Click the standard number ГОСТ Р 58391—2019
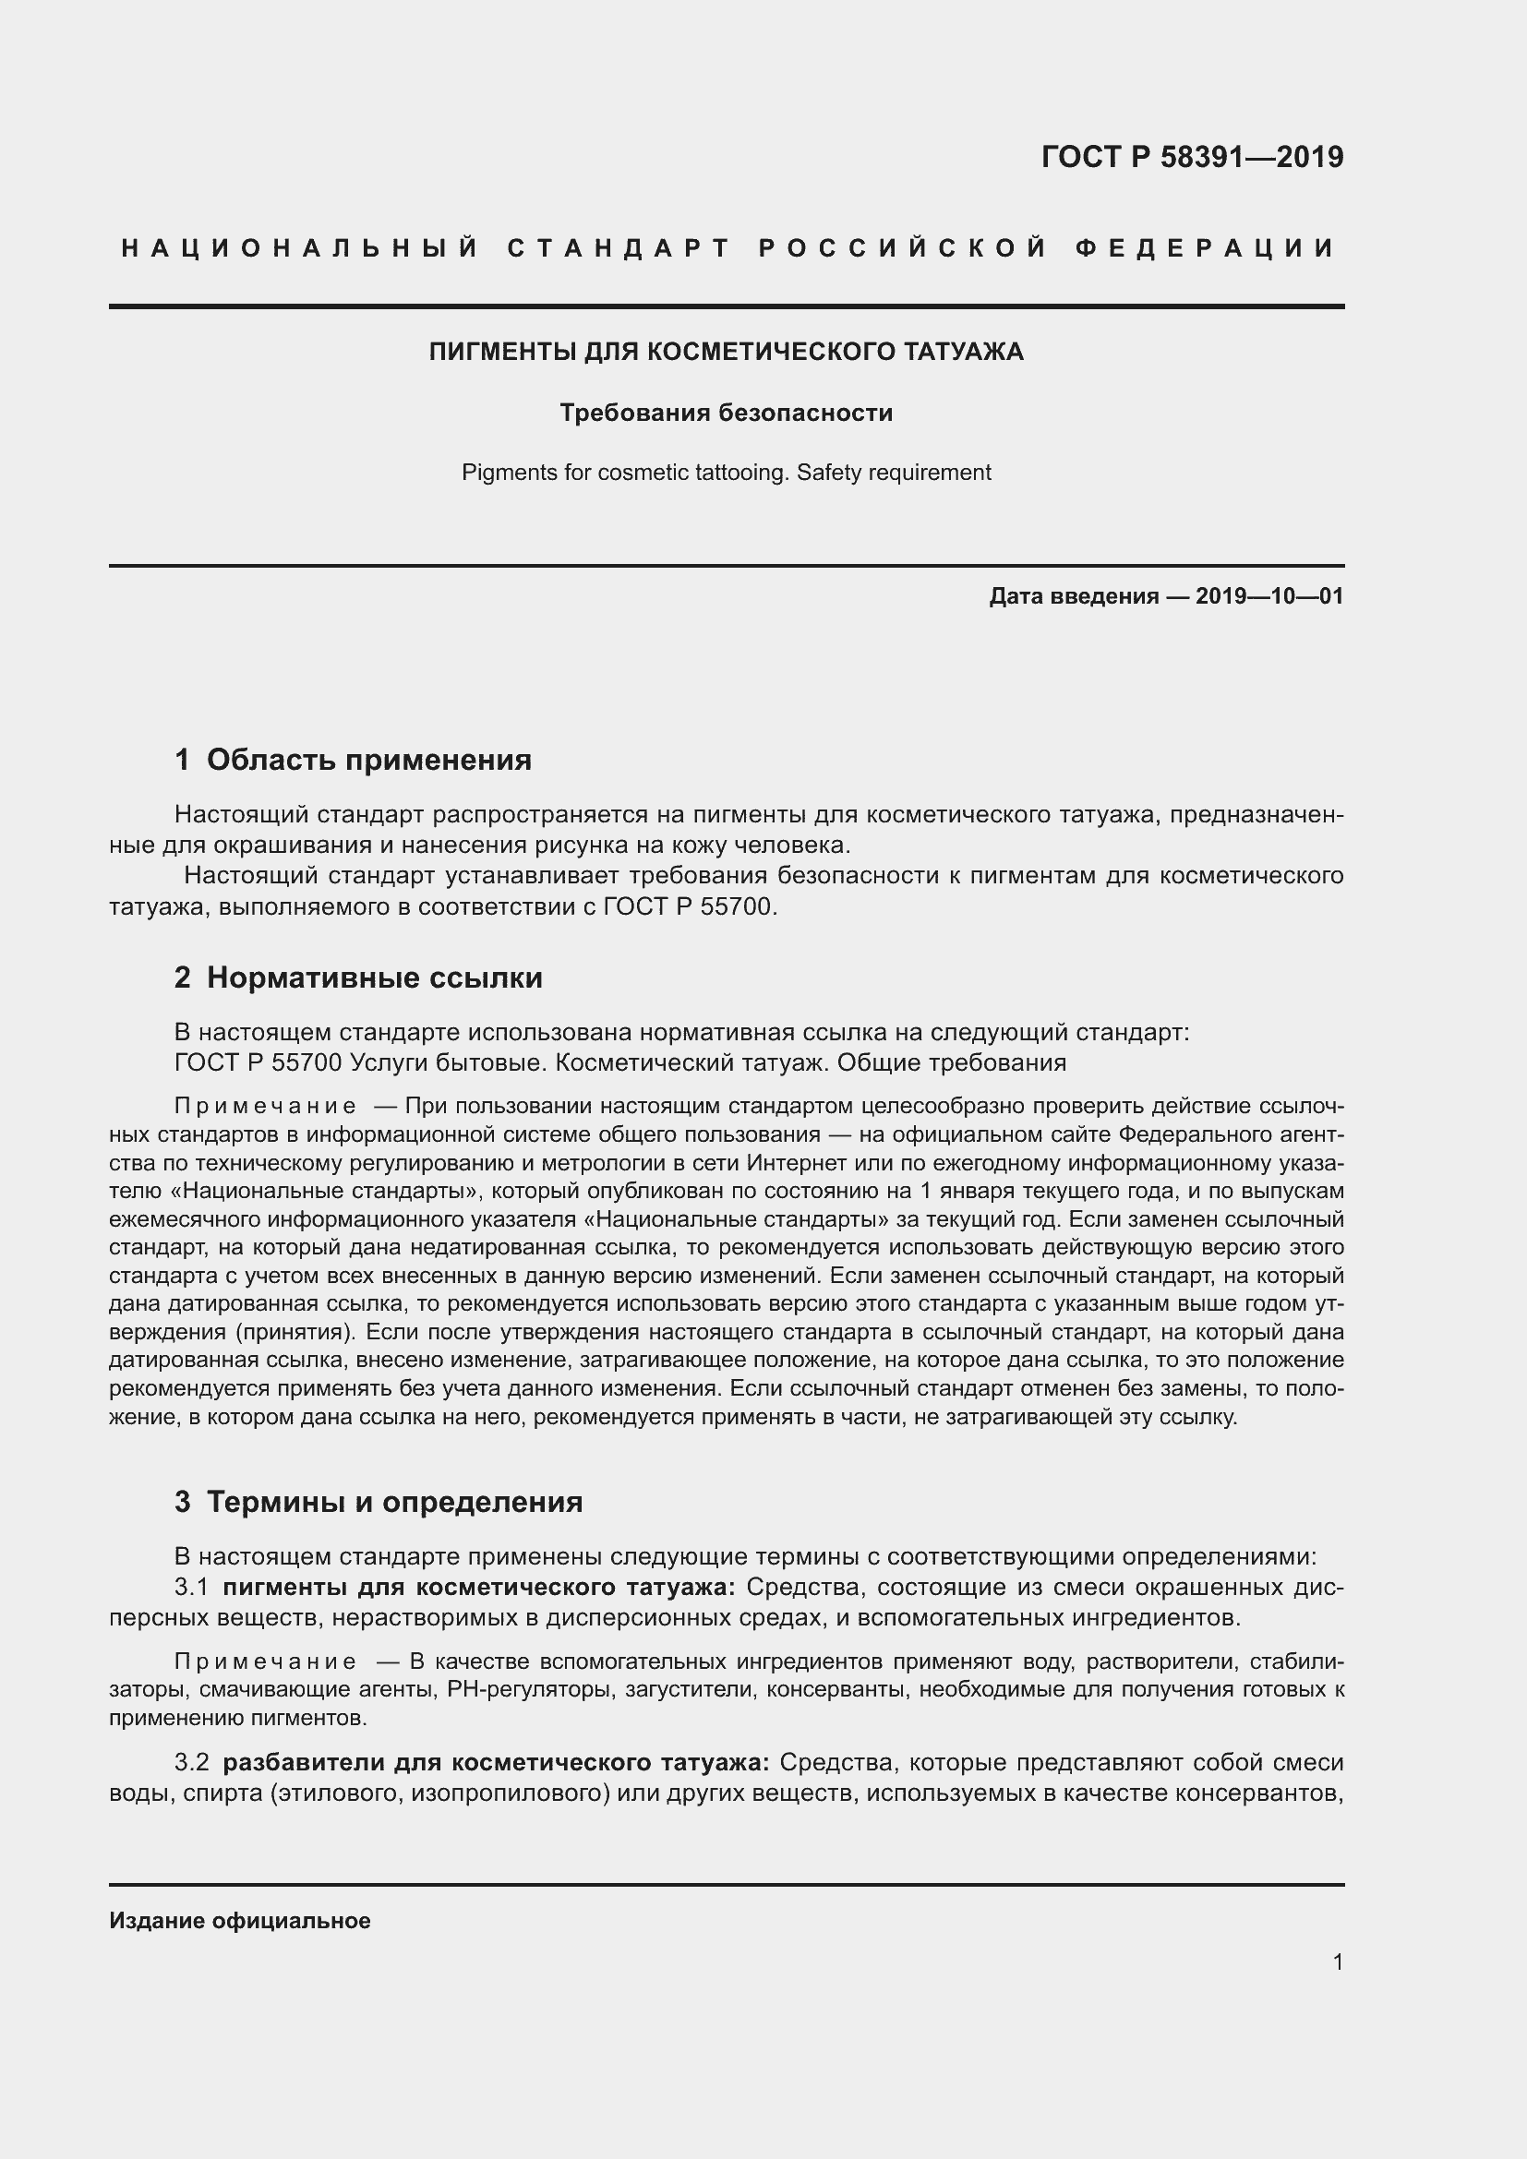pyautogui.click(x=1192, y=157)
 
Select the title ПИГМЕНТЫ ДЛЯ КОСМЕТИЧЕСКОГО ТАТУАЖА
pyautogui.click(x=726, y=352)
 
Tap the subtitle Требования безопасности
pyautogui.click(x=726, y=413)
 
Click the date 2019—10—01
pyautogui.click(x=1269, y=596)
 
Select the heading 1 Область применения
pyautogui.click(x=353, y=760)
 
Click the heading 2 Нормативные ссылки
pyautogui.click(x=358, y=978)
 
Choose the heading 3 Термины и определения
pyautogui.click(x=378, y=1502)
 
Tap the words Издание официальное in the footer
pyautogui.click(x=240, y=1920)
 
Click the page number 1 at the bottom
pyautogui.click(x=1337, y=1961)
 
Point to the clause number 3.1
pyautogui.click(x=191, y=1588)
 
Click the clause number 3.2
pyautogui.click(x=192, y=1761)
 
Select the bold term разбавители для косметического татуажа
pyautogui.click(x=497, y=1761)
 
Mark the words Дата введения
pyautogui.click(x=1073, y=596)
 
